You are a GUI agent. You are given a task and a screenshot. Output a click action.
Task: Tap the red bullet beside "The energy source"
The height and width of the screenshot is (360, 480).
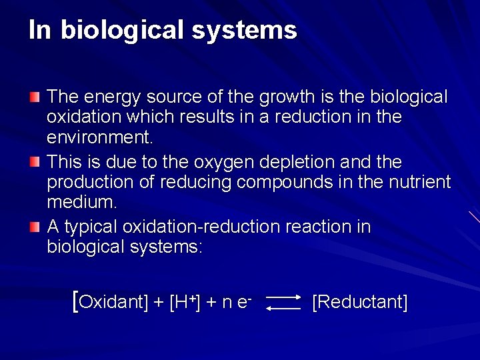[x=35, y=98]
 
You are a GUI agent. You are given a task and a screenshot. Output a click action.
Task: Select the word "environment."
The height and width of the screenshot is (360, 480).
[x=100, y=139]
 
